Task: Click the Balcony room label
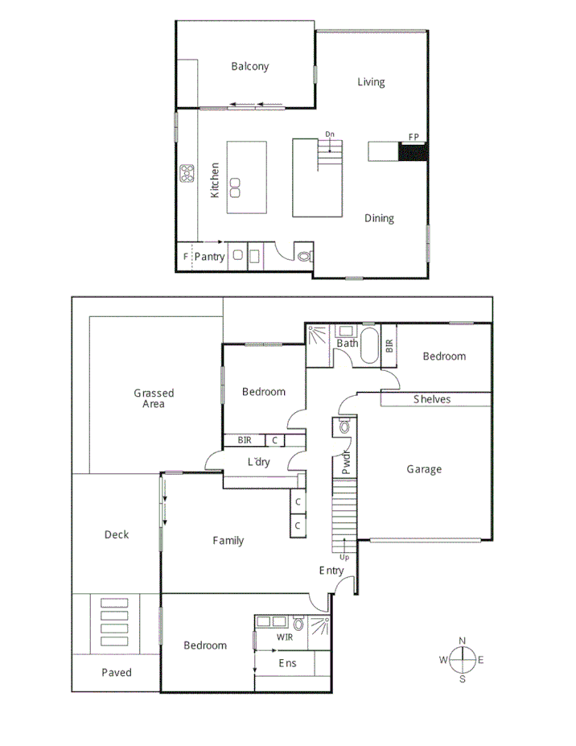point(249,67)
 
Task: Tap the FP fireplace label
point(413,137)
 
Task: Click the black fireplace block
point(413,151)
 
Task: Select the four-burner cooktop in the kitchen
point(187,173)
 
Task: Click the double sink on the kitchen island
point(236,187)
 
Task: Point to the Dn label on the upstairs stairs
point(330,134)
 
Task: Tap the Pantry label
point(209,258)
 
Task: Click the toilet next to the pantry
point(305,257)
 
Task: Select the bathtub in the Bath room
point(371,346)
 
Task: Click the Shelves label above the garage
point(432,399)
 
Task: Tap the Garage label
point(423,469)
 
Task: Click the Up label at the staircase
point(345,556)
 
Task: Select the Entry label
point(331,571)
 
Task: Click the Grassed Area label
point(154,398)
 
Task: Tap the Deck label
point(116,534)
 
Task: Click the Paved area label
point(117,672)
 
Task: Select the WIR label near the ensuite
point(284,637)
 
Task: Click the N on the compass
point(462,641)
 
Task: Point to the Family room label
point(228,541)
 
